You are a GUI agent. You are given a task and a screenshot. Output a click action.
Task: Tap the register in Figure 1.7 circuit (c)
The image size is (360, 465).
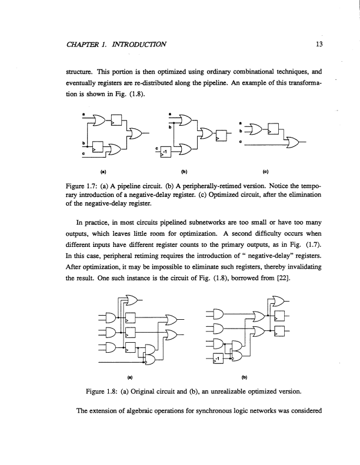(x=273, y=129)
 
